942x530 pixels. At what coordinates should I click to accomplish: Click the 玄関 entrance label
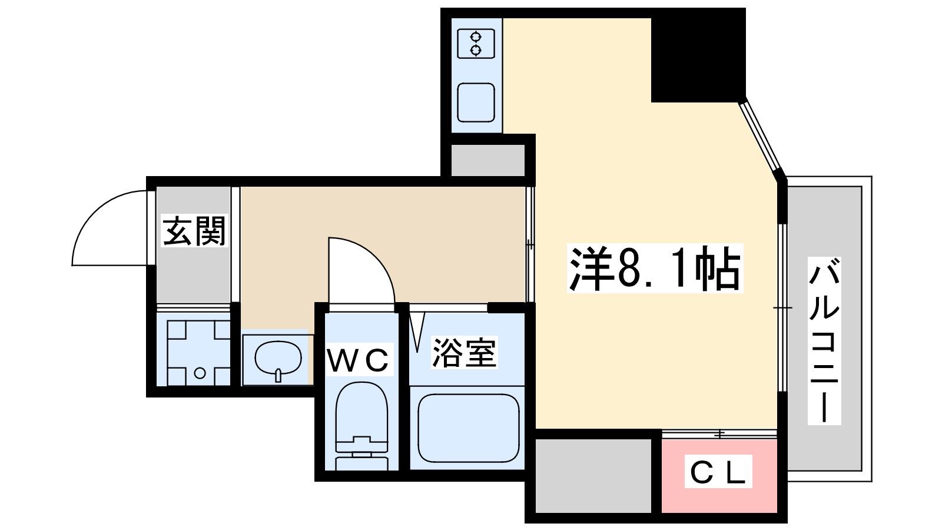pyautogui.click(x=195, y=230)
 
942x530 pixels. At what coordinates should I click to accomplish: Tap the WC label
pyautogui.click(x=358, y=360)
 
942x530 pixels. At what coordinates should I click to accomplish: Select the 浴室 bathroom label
pyautogui.click(x=465, y=353)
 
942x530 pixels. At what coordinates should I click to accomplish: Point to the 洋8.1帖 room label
pyautogui.click(x=654, y=268)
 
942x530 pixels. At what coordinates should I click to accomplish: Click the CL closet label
pyautogui.click(x=718, y=472)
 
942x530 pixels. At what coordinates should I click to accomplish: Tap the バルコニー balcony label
pyautogui.click(x=824, y=341)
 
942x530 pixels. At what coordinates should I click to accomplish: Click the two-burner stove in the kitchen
pyautogui.click(x=476, y=44)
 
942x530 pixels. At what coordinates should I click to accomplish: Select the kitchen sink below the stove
pyautogui.click(x=476, y=102)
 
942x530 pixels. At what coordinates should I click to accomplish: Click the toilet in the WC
pyautogui.click(x=361, y=426)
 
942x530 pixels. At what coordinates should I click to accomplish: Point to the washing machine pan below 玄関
pyautogui.click(x=198, y=353)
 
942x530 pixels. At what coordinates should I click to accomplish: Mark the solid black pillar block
pyautogui.click(x=698, y=55)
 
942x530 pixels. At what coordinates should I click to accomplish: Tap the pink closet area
pyautogui.click(x=719, y=476)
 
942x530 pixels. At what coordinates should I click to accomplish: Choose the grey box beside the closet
pyautogui.click(x=593, y=476)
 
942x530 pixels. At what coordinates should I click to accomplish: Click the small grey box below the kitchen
pyautogui.click(x=488, y=160)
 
